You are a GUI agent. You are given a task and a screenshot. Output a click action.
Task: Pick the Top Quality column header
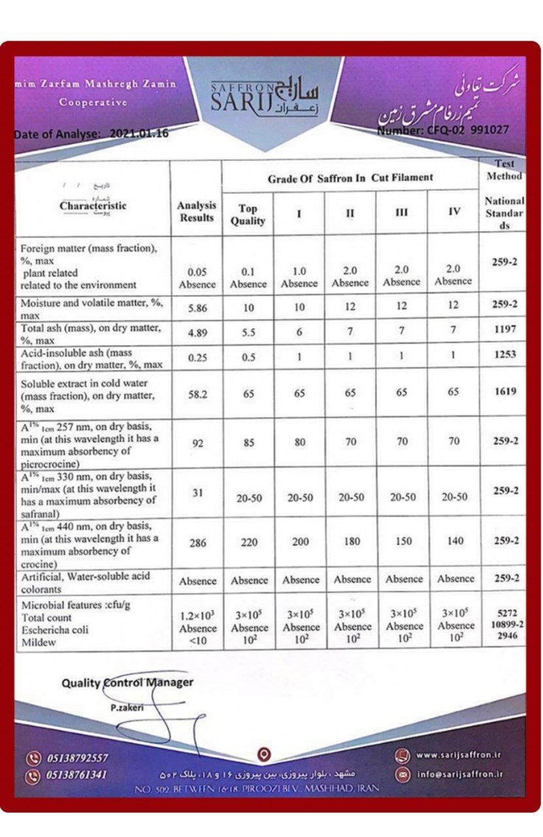[248, 214]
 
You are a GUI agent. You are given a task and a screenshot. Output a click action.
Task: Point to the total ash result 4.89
[197, 332]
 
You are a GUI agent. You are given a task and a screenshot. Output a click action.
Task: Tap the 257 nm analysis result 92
[197, 443]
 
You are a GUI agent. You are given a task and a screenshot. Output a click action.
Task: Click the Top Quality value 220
[248, 542]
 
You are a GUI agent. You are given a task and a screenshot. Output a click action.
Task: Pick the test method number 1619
[504, 392]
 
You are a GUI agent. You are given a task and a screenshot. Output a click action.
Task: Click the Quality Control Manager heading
[127, 683]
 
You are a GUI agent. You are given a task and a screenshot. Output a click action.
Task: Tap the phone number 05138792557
[77, 759]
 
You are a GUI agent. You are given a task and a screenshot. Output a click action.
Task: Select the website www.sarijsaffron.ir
[458, 755]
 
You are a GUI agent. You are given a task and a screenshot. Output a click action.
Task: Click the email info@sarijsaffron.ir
[459, 775]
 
